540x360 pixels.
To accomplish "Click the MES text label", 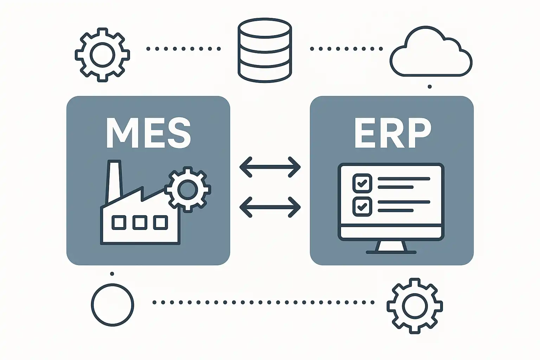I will (148, 133).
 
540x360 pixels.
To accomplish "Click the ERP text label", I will (392, 133).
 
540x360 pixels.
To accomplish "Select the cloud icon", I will (431, 53).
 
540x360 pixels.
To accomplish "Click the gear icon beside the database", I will (102, 54).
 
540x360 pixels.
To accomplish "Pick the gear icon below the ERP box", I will (415, 306).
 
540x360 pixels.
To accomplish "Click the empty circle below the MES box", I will (112, 305).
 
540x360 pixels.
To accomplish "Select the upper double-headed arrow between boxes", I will (270, 167).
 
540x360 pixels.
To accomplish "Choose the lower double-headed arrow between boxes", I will (270, 207).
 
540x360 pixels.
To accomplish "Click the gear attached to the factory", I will (188, 189).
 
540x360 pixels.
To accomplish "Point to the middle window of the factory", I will (140, 223).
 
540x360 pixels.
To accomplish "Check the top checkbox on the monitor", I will (362, 183).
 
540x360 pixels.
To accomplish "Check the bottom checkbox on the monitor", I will (362, 206).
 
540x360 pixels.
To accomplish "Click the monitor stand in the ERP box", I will (391, 247).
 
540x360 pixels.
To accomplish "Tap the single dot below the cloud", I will (430, 86).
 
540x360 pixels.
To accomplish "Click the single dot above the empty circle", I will (112, 274).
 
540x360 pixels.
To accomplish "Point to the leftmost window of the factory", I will (119, 223).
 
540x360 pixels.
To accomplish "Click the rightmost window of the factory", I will (160, 223).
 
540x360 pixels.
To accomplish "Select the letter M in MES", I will (120, 133).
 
